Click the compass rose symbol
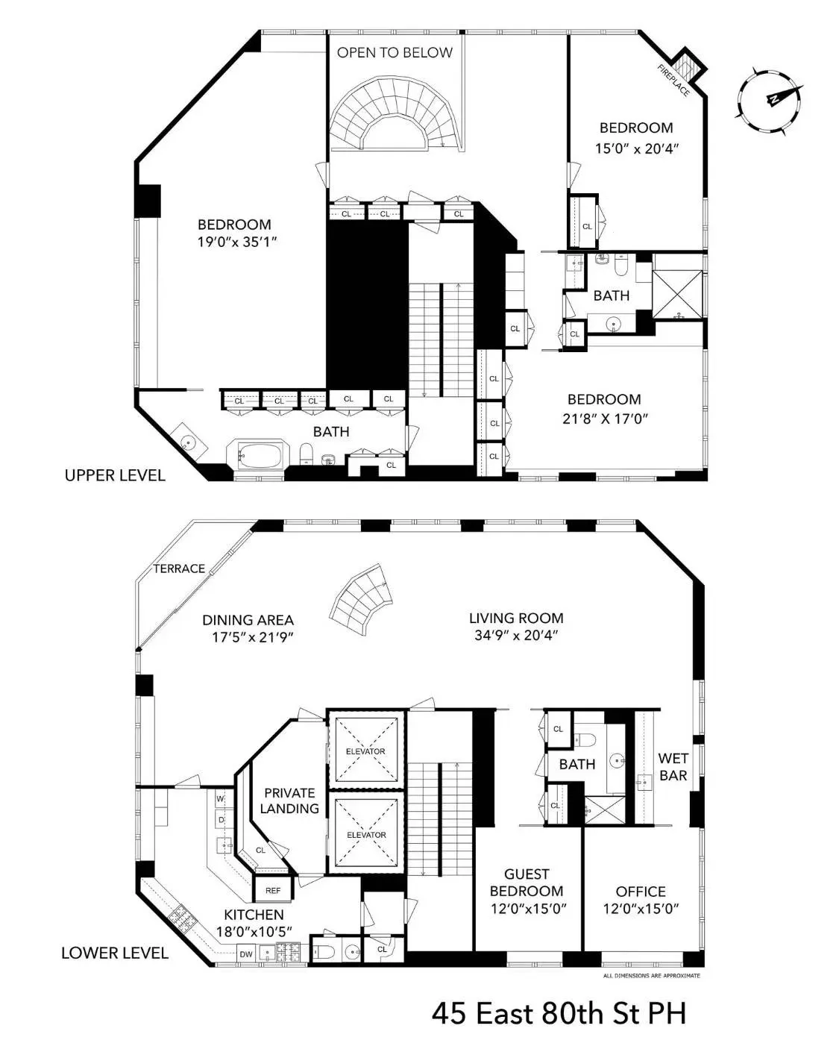[x=770, y=100]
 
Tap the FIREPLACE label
[x=673, y=80]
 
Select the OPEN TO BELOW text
[x=395, y=52]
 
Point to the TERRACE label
[x=179, y=569]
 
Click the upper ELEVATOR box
[x=365, y=750]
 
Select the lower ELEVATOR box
[x=365, y=833]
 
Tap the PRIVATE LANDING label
[x=289, y=801]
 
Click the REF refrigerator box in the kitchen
[x=272, y=890]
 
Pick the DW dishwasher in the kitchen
[x=245, y=953]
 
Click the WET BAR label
[x=673, y=767]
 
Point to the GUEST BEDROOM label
[x=527, y=882]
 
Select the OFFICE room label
[x=641, y=891]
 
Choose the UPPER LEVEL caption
[x=115, y=475]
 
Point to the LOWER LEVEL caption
[x=115, y=953]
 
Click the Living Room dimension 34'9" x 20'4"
[x=516, y=635]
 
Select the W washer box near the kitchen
[x=220, y=799]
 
